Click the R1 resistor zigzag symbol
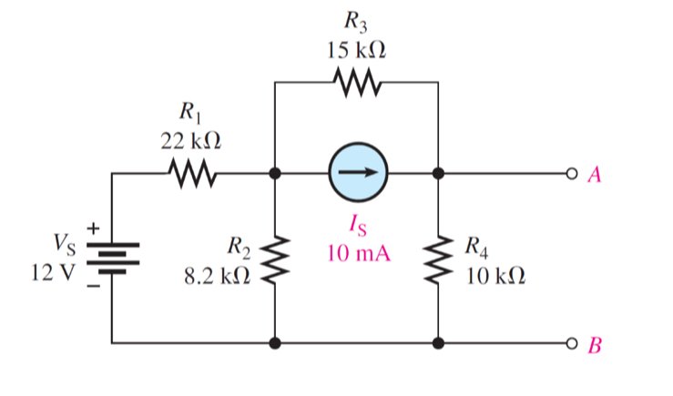[192, 172]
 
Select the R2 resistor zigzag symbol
[275, 258]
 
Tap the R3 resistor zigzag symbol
[356, 83]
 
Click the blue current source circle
[357, 172]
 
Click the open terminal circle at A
[572, 172]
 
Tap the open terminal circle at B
[572, 344]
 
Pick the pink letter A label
[595, 174]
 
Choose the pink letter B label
[596, 345]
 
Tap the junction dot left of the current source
[275, 172]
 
